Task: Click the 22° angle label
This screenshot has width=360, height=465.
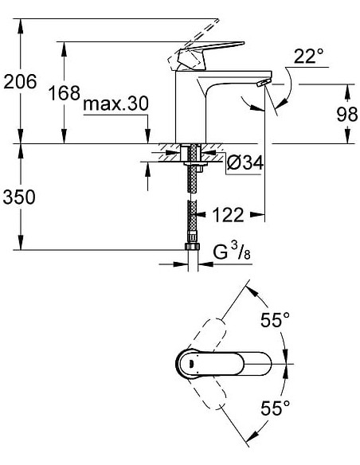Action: pyautogui.click(x=309, y=57)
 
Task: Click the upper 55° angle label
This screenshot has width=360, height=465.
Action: pyautogui.click(x=275, y=320)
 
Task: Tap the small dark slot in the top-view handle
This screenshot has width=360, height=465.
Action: pyautogui.click(x=189, y=365)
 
